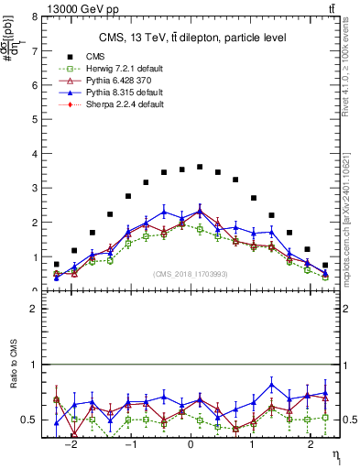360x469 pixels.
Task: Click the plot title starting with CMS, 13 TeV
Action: pos(192,38)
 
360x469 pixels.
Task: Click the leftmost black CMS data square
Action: pos(57,264)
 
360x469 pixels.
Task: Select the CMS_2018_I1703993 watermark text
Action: pos(190,274)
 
